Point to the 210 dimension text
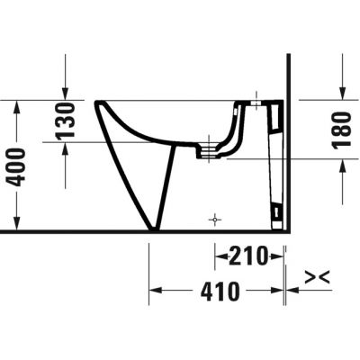coord(247,257)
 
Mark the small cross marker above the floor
coord(214,219)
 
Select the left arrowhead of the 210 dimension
coord(219,257)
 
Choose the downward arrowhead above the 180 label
coord(342,93)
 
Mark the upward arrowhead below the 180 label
coord(342,164)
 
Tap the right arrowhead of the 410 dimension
coord(281,291)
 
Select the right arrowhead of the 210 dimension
coord(281,257)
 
